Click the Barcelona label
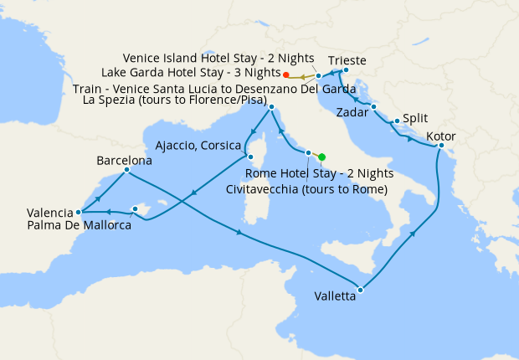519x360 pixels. coord(124,159)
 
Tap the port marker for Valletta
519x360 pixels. coord(360,291)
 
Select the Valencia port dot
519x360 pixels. coord(79,212)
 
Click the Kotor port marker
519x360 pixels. coord(440,147)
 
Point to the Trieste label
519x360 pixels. coord(347,60)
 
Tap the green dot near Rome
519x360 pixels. coord(321,157)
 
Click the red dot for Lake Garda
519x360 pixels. coord(287,75)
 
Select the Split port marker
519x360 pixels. coord(396,121)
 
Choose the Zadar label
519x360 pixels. coord(352,111)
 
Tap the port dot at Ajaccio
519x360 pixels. coord(249,157)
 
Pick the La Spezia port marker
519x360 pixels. coord(271,107)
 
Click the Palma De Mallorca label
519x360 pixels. coord(79,225)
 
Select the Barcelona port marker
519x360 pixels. coord(126,170)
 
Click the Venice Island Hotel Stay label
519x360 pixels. coord(218,59)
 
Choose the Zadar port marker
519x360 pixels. coord(373,106)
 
